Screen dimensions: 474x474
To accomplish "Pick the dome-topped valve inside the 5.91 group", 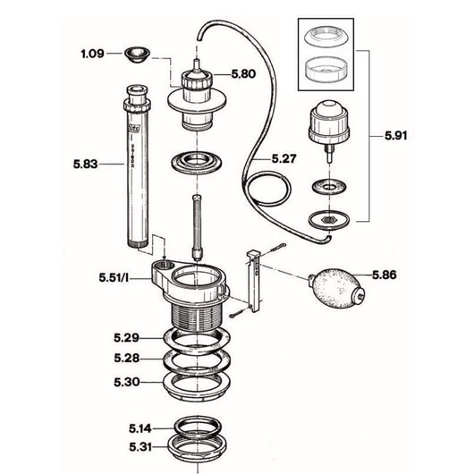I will (326, 128).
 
